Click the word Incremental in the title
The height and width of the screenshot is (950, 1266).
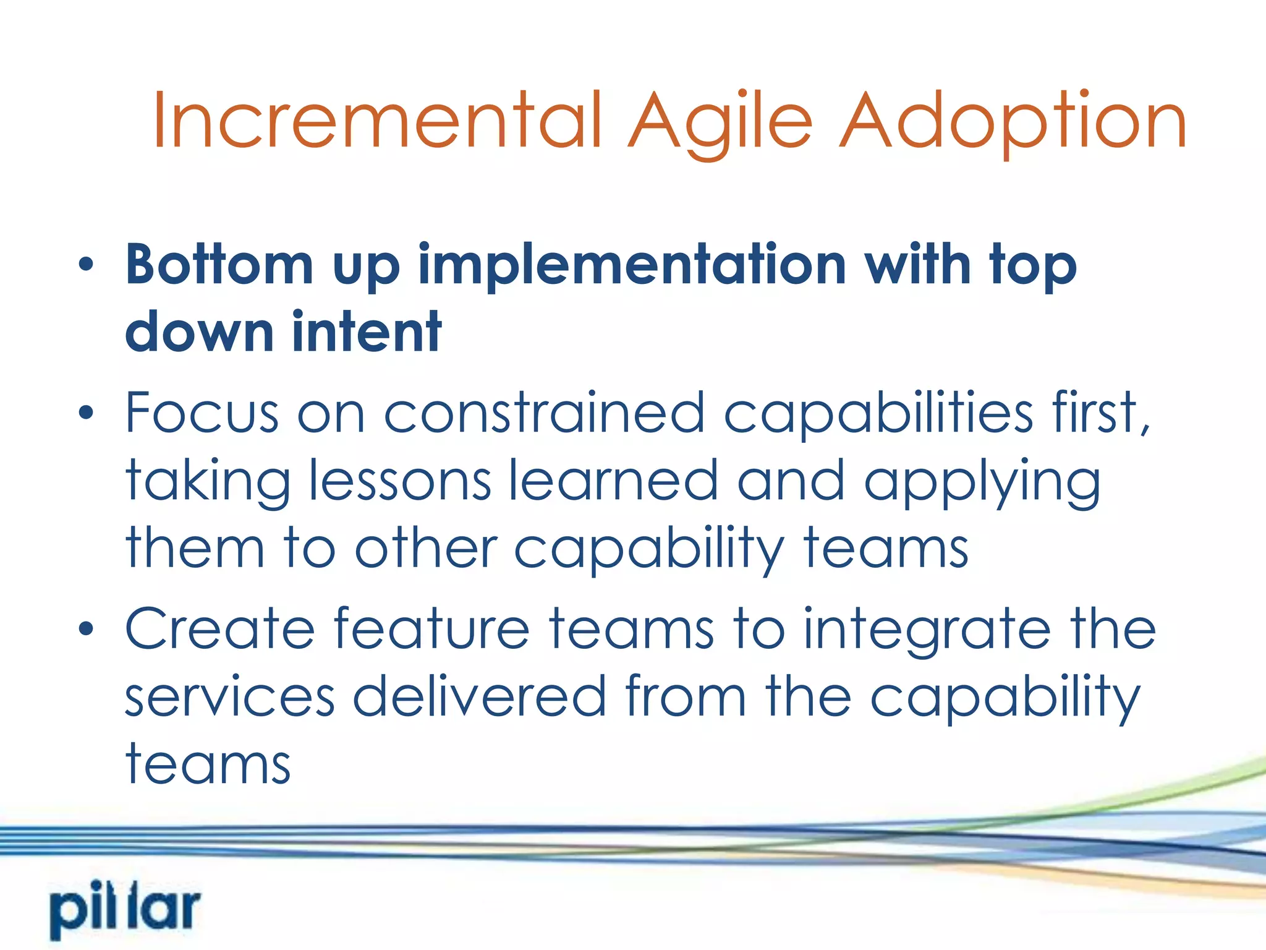click(x=377, y=121)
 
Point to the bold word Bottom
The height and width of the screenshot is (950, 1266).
click(x=219, y=265)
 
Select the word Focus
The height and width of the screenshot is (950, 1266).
click(x=202, y=413)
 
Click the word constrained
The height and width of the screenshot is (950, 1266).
click(x=544, y=413)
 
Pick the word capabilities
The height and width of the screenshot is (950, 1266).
click(x=878, y=413)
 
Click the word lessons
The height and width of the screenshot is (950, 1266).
click(x=400, y=481)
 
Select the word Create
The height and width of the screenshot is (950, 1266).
click(x=220, y=629)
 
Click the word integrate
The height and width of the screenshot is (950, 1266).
click(x=927, y=629)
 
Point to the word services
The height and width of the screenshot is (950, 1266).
click(x=229, y=698)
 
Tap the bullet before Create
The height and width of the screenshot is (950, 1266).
click(x=86, y=629)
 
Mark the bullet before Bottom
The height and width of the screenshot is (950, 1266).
click(x=86, y=265)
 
